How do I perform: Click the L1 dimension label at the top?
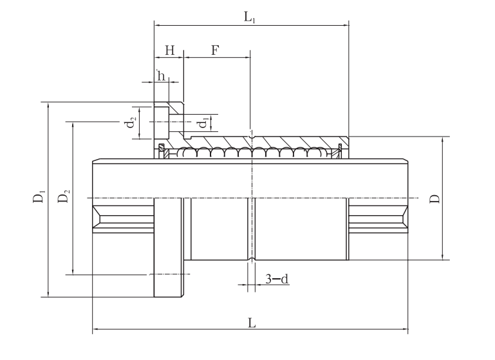pos(249,17)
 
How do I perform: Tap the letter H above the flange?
pos(170,50)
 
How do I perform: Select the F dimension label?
pos(215,50)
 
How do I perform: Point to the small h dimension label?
pos(161,76)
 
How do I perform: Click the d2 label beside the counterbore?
pos(131,122)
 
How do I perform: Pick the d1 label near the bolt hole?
pos(203,122)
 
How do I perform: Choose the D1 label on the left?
pos(39,196)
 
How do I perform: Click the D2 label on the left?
pos(64,196)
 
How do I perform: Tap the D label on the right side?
pos(434,198)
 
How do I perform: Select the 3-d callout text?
pos(277,279)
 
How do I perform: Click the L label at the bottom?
pos(252,323)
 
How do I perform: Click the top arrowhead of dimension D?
pos(442,140)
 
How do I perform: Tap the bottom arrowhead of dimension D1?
pos(48,293)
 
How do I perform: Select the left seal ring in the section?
pos(162,151)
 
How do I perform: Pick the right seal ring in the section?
pos(340,151)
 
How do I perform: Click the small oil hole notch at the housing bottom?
pos(251,260)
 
